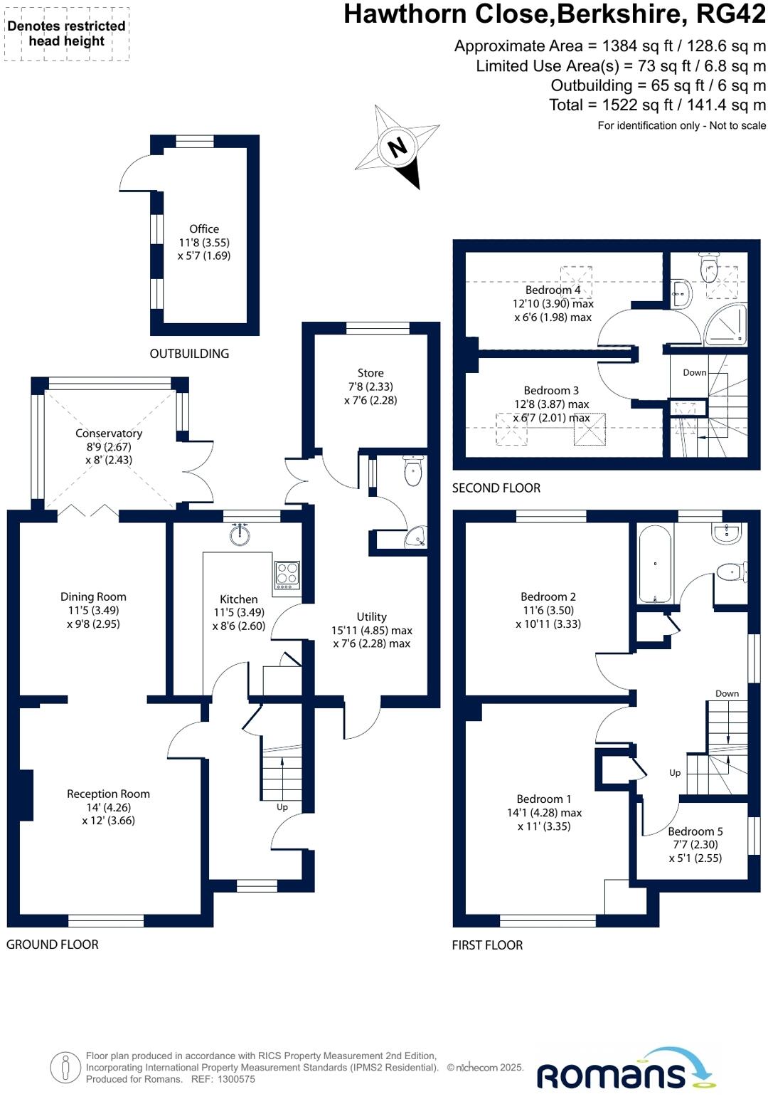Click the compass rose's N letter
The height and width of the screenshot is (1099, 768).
(x=398, y=147)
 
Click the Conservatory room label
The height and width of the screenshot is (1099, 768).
(x=109, y=433)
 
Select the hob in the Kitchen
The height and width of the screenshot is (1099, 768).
(x=287, y=573)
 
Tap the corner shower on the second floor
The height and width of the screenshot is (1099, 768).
(x=726, y=325)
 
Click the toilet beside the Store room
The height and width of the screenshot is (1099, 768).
(x=412, y=472)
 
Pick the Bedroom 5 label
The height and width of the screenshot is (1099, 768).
(x=695, y=831)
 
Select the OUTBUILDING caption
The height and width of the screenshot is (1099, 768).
(x=189, y=354)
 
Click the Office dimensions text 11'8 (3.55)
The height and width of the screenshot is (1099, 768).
(x=204, y=242)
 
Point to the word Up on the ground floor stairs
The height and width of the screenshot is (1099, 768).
(x=282, y=807)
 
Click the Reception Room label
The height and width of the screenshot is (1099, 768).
(x=108, y=794)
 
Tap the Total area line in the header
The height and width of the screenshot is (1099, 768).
(x=657, y=105)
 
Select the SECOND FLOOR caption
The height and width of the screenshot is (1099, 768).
(x=496, y=488)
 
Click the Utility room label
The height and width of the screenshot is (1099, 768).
(x=372, y=616)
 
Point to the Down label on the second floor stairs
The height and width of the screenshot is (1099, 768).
(x=695, y=372)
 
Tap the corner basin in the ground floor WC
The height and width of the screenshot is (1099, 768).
(x=415, y=539)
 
